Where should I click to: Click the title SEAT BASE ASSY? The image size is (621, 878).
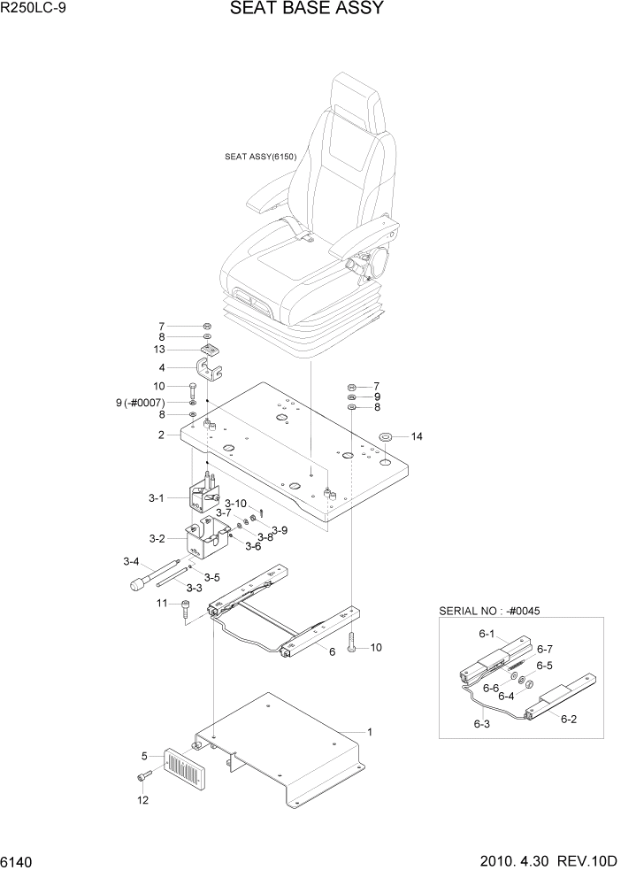pyautogui.click(x=306, y=10)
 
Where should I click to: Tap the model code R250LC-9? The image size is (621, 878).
pyautogui.click(x=41, y=11)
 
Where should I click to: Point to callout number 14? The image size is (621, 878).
pyautogui.click(x=418, y=436)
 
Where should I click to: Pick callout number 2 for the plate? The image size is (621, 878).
pyautogui.click(x=162, y=435)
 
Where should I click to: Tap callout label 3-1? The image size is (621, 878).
pyautogui.click(x=156, y=498)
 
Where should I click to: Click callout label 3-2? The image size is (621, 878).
pyautogui.click(x=157, y=538)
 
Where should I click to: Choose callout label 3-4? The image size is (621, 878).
pyautogui.click(x=132, y=561)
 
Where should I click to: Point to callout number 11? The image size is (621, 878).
pyautogui.click(x=162, y=603)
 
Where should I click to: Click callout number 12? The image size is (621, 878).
pyautogui.click(x=142, y=799)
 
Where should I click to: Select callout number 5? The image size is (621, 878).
pyautogui.click(x=143, y=756)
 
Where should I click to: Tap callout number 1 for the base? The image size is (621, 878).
pyautogui.click(x=370, y=732)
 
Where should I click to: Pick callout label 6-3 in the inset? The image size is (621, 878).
pyautogui.click(x=481, y=724)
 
